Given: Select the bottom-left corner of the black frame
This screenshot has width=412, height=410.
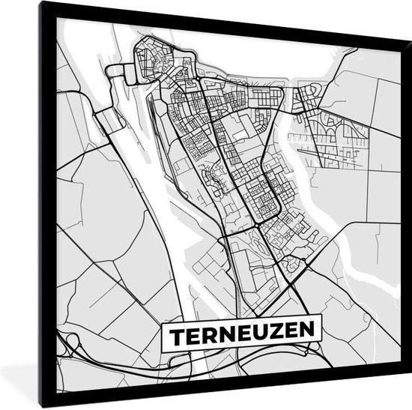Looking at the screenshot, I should pos(43,406).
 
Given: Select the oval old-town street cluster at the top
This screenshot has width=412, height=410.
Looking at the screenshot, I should pos(153,60).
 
